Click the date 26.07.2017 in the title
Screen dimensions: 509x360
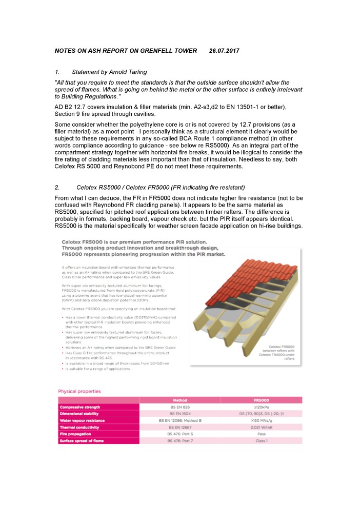224,51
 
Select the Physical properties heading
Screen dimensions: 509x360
79,391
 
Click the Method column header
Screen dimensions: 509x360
179,400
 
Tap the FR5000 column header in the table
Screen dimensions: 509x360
261,400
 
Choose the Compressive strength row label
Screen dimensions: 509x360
83,407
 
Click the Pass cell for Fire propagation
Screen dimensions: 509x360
261,434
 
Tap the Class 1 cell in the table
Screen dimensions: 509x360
261,440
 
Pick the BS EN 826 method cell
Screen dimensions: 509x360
179,407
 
